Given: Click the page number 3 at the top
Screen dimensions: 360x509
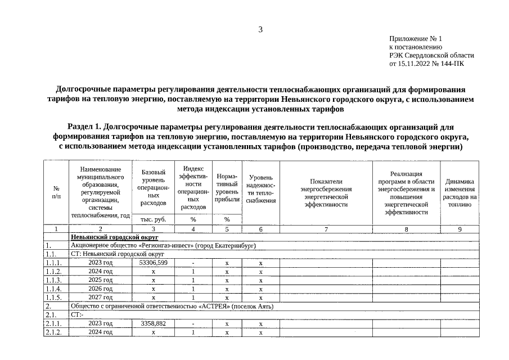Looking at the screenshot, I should pos(260,30).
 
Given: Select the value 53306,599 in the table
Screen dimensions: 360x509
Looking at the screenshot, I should pos(153,263).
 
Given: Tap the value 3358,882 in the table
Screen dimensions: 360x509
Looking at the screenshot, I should pos(153,324).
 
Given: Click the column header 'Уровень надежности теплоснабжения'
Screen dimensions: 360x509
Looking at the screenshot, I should pos(260,188).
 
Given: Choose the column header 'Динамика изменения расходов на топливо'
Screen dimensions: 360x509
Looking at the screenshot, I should pos(460,192).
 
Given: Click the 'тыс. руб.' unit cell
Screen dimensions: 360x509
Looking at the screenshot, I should pos(153,219).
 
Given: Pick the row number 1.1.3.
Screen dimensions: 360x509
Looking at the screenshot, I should pos(55,280).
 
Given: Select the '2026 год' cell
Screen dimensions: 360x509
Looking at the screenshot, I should pos(100,289).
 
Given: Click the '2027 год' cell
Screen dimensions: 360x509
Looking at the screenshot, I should pos(100,297).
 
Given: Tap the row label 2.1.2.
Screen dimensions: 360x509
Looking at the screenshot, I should pos(55,332).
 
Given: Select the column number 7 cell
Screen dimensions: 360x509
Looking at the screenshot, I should pos(326,229).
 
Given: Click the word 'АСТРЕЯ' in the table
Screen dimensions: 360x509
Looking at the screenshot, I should pos(213,307).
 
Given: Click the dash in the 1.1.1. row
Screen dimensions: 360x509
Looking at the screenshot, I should pos(193,263).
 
